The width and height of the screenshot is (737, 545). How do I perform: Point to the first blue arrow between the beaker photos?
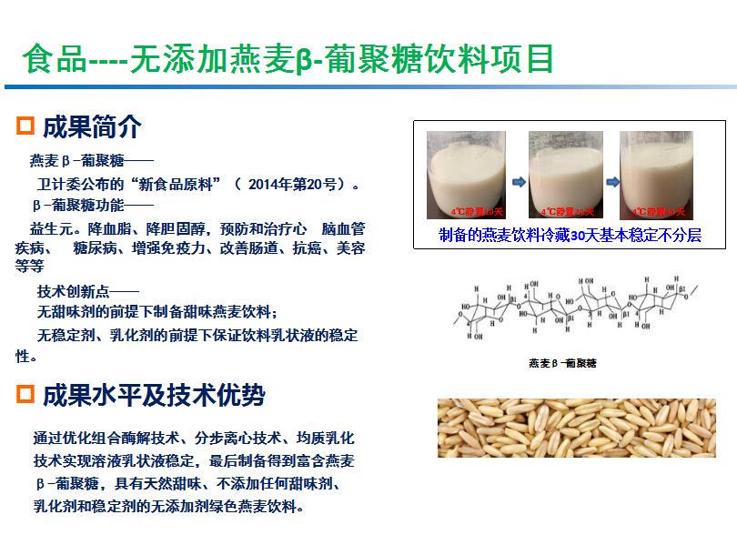518,182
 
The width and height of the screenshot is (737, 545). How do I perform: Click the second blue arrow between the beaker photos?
609,182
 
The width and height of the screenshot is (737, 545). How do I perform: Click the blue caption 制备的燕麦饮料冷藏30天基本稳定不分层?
570,235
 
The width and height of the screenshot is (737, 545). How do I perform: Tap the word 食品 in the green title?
53,60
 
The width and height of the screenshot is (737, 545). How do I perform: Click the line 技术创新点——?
87,292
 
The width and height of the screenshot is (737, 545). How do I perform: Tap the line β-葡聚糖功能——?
93,206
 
